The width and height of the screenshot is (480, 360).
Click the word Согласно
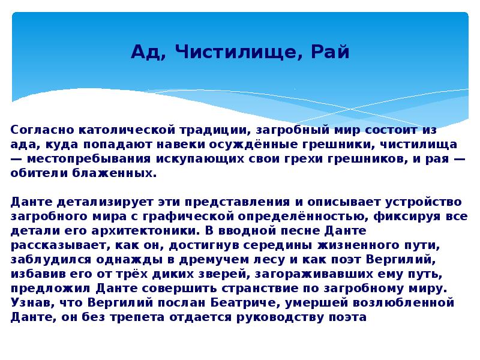pos(39,130)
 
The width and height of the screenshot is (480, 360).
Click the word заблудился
pos(46,260)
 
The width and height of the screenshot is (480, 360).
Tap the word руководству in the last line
pos(268,317)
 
